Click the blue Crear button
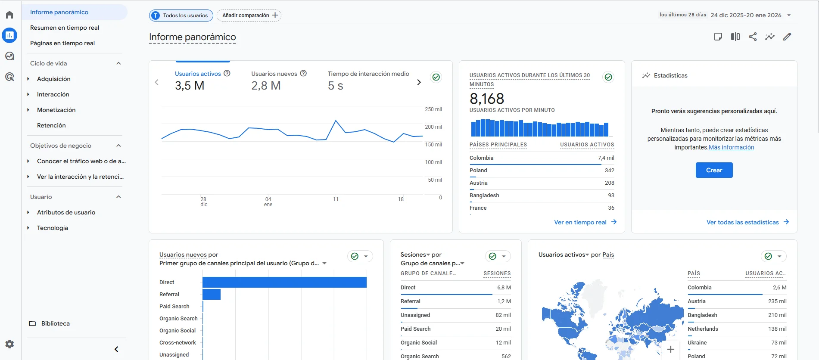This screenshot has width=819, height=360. [x=714, y=170]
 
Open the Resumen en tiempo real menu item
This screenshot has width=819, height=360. [x=65, y=28]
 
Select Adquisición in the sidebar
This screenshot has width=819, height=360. [x=54, y=79]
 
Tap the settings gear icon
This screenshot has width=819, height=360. [x=9, y=344]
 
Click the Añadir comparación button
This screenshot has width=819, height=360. [x=249, y=16]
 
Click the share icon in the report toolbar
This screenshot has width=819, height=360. [x=753, y=37]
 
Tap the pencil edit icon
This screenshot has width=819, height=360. [x=787, y=37]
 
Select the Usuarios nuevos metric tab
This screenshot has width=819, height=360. [x=274, y=74]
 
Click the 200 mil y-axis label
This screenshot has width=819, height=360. [x=433, y=127]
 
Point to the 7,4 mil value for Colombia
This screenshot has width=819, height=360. [x=606, y=158]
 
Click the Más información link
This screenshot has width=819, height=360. [x=731, y=147]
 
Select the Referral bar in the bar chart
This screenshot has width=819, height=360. [x=212, y=294]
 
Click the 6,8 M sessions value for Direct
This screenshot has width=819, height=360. [x=504, y=288]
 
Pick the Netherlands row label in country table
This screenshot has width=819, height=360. [x=703, y=329]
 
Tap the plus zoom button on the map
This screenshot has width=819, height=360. [x=670, y=349]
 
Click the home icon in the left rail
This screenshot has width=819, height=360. [x=9, y=15]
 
